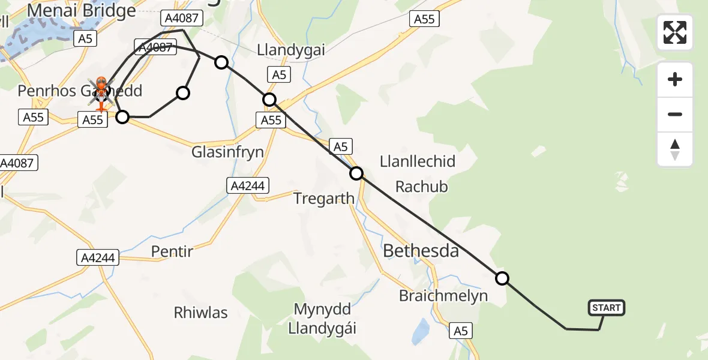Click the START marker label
point(607,308)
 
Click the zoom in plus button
point(675,79)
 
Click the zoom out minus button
point(675,114)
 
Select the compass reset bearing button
point(675,149)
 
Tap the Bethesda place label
point(421,250)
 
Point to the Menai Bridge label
point(81,11)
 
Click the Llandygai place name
point(291,50)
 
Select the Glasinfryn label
point(228,152)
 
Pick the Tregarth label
point(323,199)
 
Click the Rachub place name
point(421,187)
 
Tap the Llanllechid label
point(418,161)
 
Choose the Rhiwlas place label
point(200,313)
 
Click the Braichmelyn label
point(443,295)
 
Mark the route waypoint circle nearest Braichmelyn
point(502,278)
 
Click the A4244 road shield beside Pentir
point(98,258)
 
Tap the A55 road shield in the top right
point(424,19)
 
